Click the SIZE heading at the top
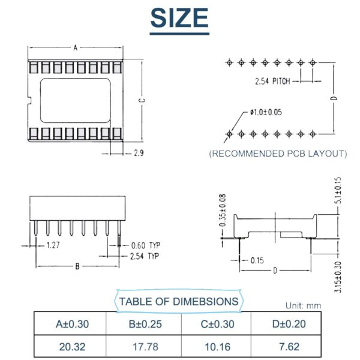click(x=179, y=18)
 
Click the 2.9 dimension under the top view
click(x=137, y=154)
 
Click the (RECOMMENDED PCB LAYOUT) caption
click(x=278, y=154)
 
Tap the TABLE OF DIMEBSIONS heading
click(x=179, y=301)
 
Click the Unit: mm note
click(x=303, y=305)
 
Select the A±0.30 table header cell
click(x=72, y=325)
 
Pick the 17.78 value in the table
click(x=144, y=347)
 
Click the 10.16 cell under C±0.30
click(x=216, y=347)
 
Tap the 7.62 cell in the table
click(x=288, y=347)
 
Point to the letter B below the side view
click(x=77, y=266)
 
